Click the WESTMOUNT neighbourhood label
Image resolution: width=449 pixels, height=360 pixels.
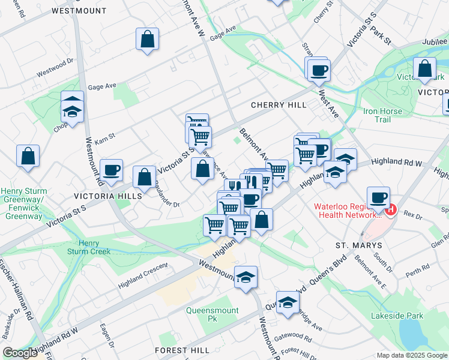click(79, 11)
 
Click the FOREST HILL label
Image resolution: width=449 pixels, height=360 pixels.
click(182, 350)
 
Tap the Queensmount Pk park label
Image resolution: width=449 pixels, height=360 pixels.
click(212, 314)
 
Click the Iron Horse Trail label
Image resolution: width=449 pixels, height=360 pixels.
click(385, 115)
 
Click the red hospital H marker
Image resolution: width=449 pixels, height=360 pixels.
click(391, 210)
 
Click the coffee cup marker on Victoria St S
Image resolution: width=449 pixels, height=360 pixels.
click(112, 170)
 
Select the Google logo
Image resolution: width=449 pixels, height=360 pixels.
click(20, 353)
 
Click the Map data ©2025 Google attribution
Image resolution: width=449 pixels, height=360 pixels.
click(411, 355)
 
